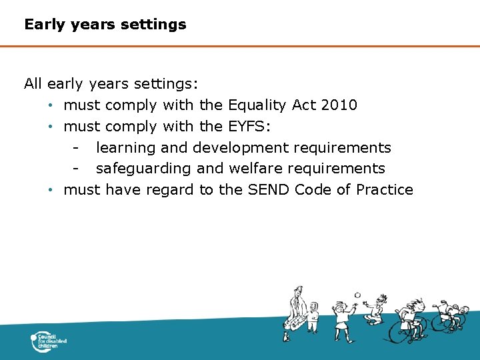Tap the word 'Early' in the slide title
coord(44,25)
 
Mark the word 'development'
coord(240,147)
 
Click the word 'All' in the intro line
coord(33,83)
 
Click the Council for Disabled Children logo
coord(49,342)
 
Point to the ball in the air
coord(357,295)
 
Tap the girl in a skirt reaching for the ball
coord(341,319)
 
